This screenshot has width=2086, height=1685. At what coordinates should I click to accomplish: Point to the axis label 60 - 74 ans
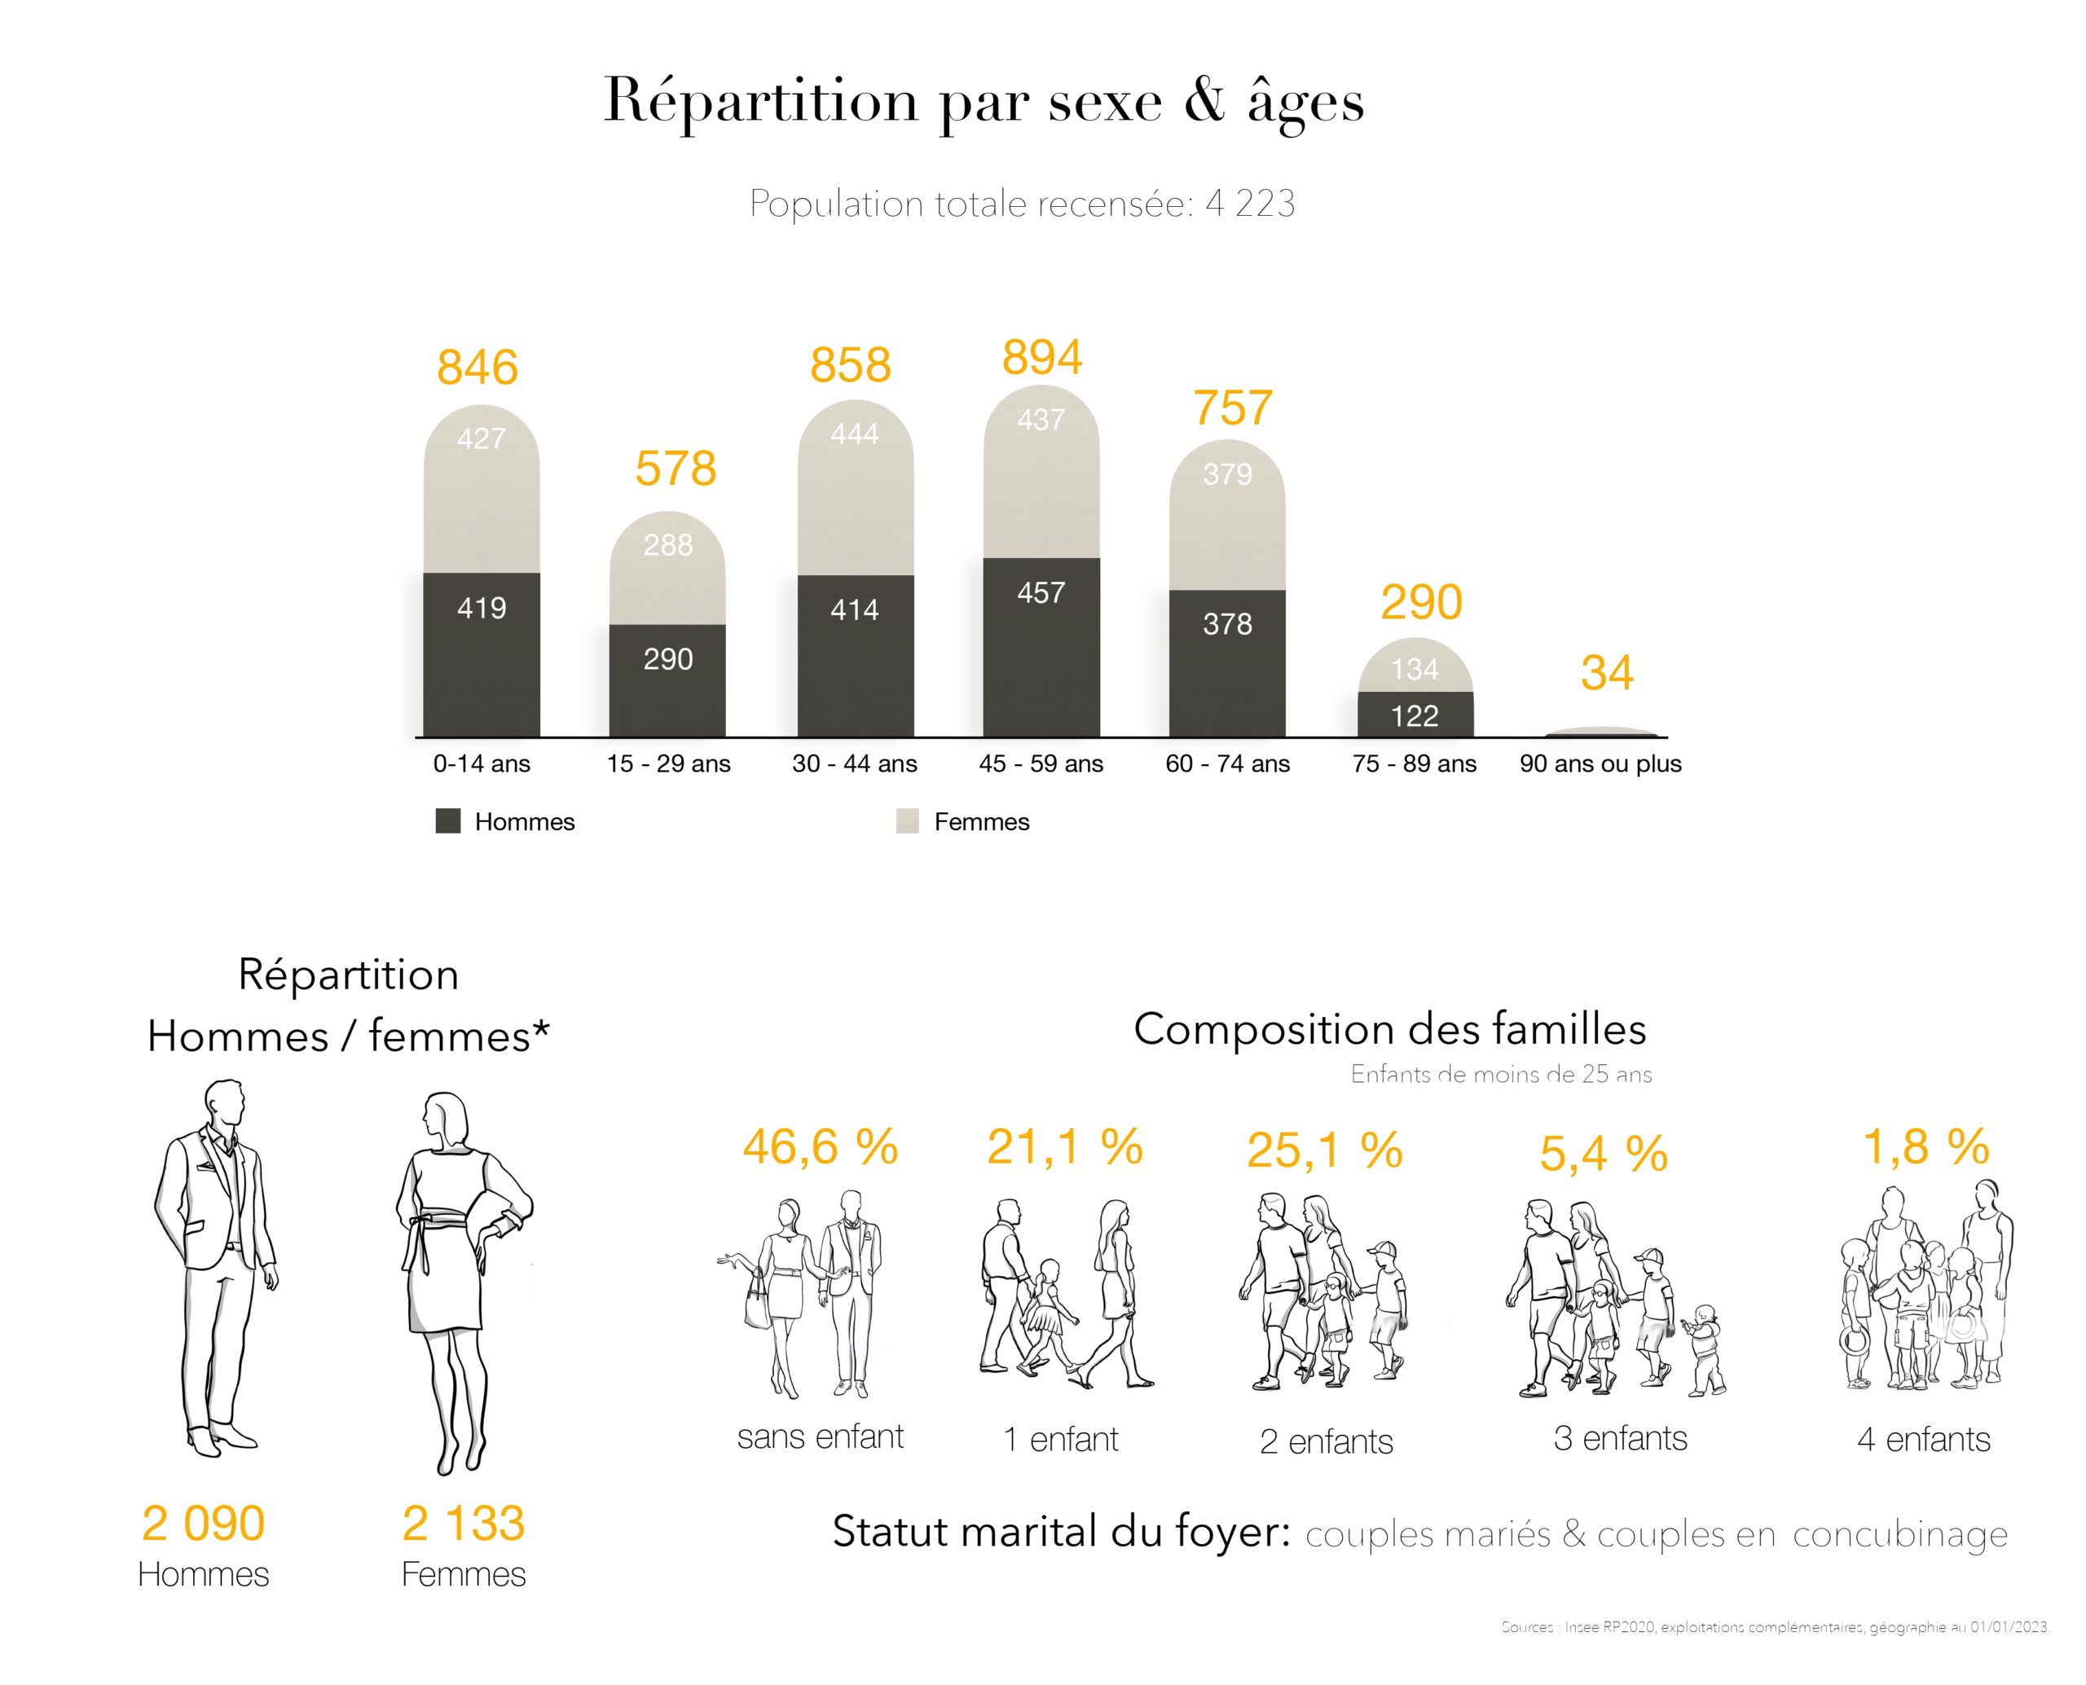click(1227, 764)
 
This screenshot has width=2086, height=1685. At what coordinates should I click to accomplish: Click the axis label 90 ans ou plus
click(1600, 764)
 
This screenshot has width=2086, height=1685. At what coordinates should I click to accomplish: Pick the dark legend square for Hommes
click(447, 821)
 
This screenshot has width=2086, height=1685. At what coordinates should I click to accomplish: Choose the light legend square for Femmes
click(907, 821)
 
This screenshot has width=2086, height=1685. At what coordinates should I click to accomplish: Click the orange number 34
click(1607, 673)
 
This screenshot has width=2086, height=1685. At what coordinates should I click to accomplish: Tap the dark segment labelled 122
click(1415, 715)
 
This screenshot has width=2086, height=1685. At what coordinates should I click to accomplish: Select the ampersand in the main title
click(1204, 101)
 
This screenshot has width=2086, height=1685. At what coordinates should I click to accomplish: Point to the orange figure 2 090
click(203, 1523)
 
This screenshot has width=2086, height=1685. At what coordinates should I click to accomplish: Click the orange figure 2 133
click(463, 1523)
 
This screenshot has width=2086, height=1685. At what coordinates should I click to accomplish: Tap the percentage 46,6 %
click(821, 1146)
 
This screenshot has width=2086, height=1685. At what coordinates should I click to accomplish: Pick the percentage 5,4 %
click(1604, 1153)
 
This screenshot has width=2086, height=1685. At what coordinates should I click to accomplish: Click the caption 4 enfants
click(1923, 1440)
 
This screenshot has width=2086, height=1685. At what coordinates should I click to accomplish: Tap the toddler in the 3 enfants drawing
click(1705, 1349)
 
